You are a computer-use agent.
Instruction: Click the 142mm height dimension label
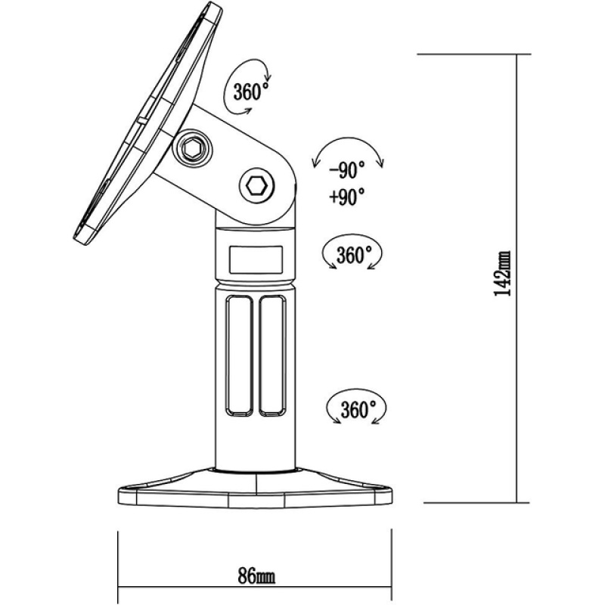pyautogui.click(x=502, y=273)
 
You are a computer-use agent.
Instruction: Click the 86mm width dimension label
pyautogui.click(x=256, y=576)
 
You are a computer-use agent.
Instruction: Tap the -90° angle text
pyautogui.click(x=347, y=169)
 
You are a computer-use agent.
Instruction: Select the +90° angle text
pyautogui.click(x=347, y=197)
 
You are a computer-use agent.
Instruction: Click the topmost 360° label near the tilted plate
pyautogui.click(x=250, y=91)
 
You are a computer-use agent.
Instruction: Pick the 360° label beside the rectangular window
pyautogui.click(x=354, y=255)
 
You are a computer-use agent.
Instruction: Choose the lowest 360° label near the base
pyautogui.click(x=358, y=409)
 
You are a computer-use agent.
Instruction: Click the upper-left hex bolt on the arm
pyautogui.click(x=192, y=148)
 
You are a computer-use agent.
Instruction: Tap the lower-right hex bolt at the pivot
pyautogui.click(x=257, y=186)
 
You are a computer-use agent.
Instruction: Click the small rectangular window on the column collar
pyautogui.click(x=256, y=260)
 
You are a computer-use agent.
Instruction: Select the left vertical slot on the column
pyautogui.click(x=240, y=355)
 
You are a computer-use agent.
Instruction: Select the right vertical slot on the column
pyautogui.click(x=272, y=355)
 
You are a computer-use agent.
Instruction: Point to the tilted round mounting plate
pyautogui.click(x=148, y=123)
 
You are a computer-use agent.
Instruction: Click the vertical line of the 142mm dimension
pyautogui.click(x=517, y=278)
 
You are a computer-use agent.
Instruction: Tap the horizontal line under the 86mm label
pyautogui.click(x=255, y=598)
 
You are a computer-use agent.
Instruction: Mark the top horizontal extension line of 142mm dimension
pyautogui.click(x=474, y=54)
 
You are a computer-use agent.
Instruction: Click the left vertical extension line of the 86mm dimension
pyautogui.click(x=118, y=566)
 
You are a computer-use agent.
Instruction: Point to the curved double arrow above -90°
pyautogui.click(x=348, y=148)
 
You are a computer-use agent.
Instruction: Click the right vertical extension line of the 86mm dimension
pyautogui.click(x=391, y=566)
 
